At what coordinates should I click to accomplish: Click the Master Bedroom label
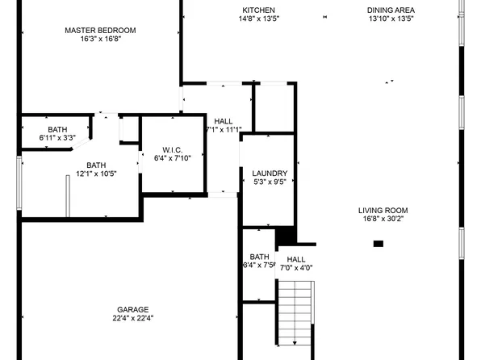coord(100,30)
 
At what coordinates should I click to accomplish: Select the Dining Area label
coord(391,10)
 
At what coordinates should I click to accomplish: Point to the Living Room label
coord(383,210)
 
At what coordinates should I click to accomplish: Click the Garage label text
coord(132,309)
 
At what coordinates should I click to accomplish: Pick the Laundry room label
coord(270,174)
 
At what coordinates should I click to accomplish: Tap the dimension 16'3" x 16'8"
coord(100,39)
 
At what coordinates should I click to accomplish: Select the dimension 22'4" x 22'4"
coord(132,318)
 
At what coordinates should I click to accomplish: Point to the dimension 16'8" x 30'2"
coord(383,219)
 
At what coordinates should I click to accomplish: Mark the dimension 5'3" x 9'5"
coord(270,182)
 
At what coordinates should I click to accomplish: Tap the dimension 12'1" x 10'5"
coord(96,174)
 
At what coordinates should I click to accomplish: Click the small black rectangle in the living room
coord(378,243)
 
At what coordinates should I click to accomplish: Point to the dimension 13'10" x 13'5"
coord(391,19)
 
